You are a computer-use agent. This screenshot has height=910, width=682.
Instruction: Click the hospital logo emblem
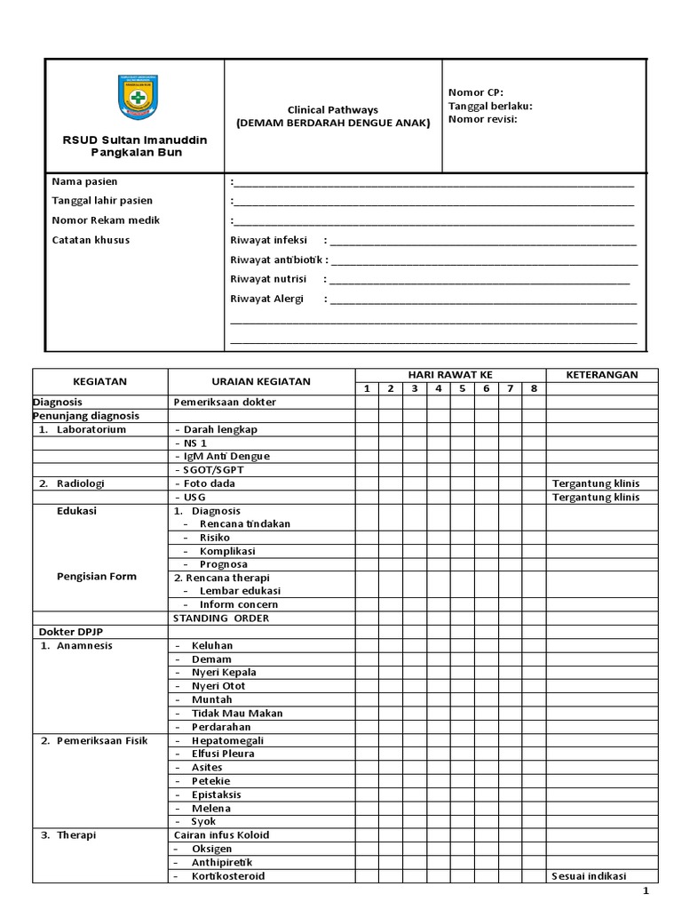click(x=134, y=98)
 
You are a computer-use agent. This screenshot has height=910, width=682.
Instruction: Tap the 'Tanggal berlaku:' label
click(x=490, y=105)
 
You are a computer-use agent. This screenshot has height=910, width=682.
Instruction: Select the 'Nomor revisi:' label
click(x=482, y=118)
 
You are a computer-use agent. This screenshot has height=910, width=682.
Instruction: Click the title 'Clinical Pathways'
click(x=332, y=109)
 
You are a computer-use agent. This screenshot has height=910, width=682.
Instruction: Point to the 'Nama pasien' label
click(x=84, y=181)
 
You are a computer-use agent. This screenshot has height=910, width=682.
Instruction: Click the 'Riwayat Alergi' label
click(x=266, y=299)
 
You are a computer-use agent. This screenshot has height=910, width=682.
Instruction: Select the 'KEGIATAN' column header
click(x=100, y=381)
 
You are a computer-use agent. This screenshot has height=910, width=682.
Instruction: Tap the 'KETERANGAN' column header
click(x=601, y=375)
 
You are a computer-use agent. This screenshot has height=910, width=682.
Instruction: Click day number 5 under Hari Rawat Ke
click(x=462, y=388)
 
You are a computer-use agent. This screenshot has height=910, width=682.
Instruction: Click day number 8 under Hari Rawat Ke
click(x=534, y=388)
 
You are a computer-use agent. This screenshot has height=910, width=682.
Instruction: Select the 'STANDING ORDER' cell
click(x=221, y=618)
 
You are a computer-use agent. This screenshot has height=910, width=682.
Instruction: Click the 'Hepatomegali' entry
click(x=227, y=740)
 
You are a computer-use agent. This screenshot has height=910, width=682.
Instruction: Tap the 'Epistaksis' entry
click(x=216, y=794)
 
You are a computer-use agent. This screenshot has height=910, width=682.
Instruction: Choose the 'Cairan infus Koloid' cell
click(x=221, y=835)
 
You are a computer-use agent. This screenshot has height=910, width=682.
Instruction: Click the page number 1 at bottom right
click(x=646, y=891)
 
